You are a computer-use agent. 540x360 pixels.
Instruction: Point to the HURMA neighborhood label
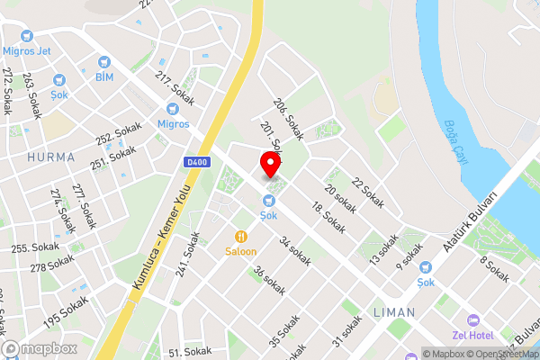pyautogui.click(x=50, y=157)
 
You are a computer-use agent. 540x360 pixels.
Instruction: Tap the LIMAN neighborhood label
pyautogui.click(x=393, y=312)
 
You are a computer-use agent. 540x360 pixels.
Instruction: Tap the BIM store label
pyautogui.click(x=105, y=76)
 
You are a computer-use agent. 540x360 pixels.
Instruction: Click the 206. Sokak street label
pyautogui.click(x=290, y=119)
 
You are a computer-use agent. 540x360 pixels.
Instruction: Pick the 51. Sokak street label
pyautogui.click(x=190, y=351)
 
